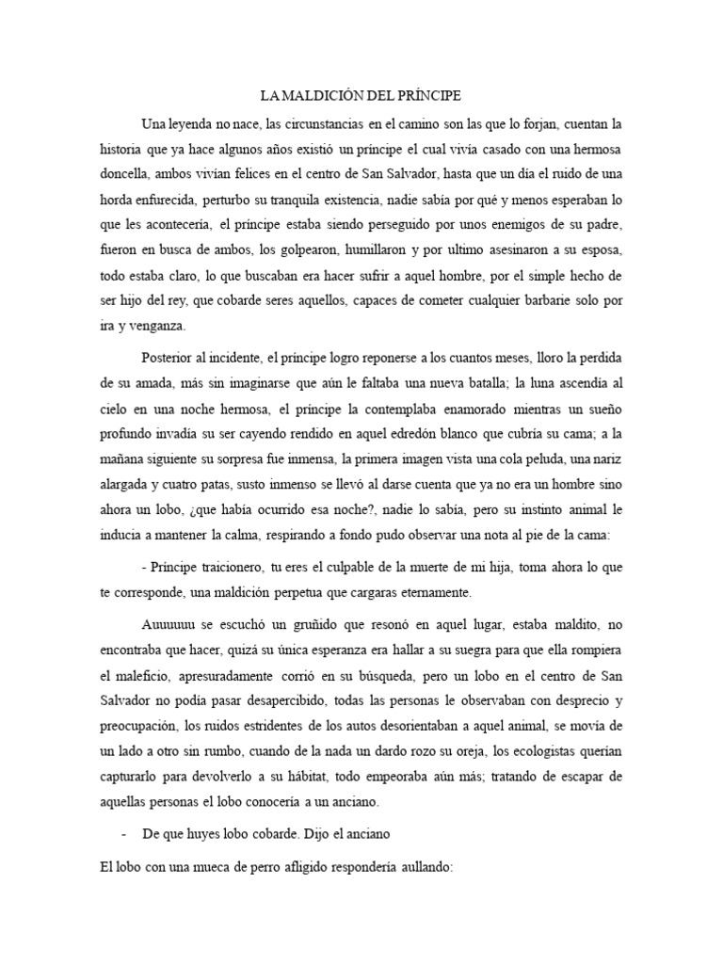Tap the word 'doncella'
coord(129,174)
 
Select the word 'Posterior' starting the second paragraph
coord(174,359)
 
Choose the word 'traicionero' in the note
coord(223,569)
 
